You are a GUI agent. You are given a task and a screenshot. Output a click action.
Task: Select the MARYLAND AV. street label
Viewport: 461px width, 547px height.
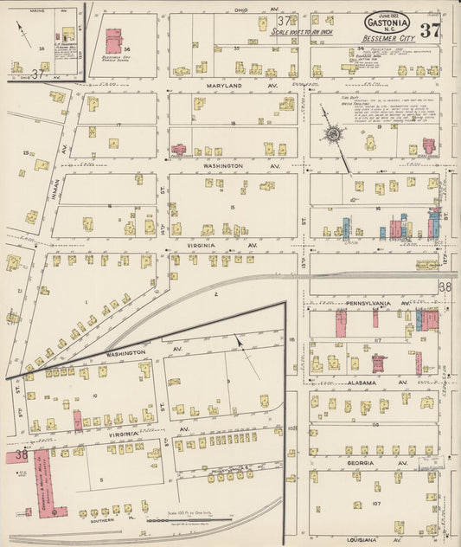[229, 86]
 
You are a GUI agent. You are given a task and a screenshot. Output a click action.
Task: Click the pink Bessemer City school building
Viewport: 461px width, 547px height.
[113, 41]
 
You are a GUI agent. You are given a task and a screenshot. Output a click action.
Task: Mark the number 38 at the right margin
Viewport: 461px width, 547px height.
[445, 286]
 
